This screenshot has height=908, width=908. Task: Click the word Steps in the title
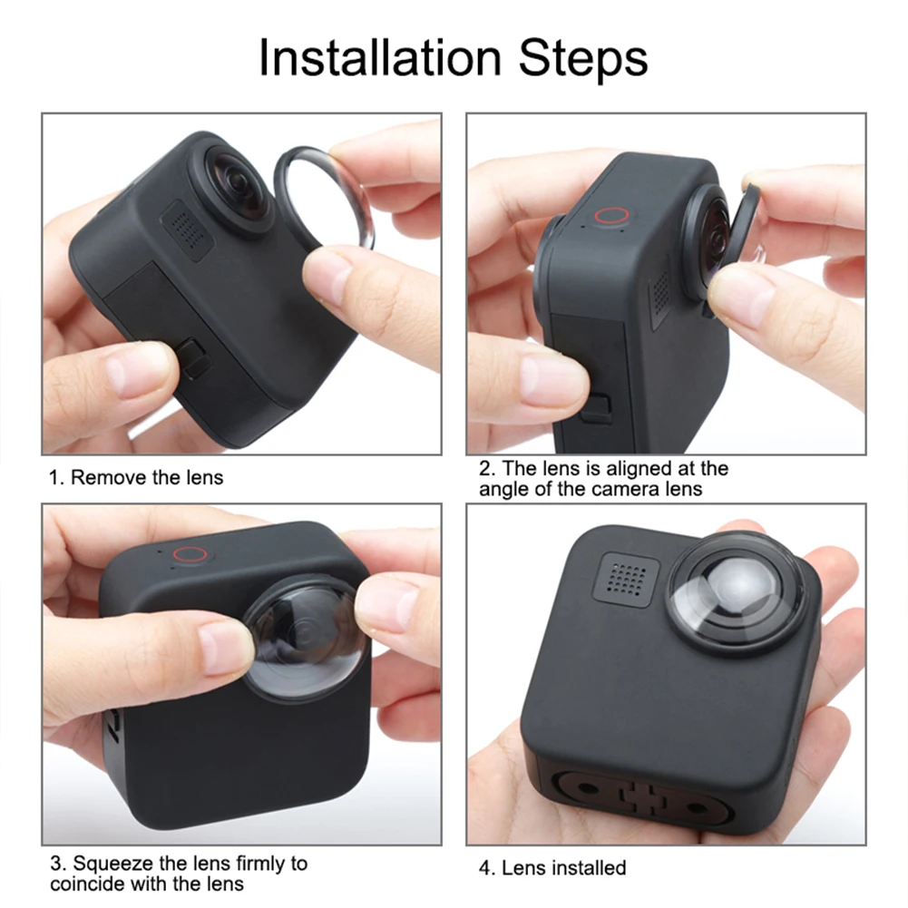(582, 58)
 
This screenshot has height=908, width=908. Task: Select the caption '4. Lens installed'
(552, 868)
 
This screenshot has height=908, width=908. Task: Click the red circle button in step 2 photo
(612, 217)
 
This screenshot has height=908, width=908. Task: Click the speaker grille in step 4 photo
(624, 578)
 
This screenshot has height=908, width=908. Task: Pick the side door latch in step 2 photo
(596, 407)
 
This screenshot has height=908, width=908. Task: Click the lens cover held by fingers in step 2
(749, 227)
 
